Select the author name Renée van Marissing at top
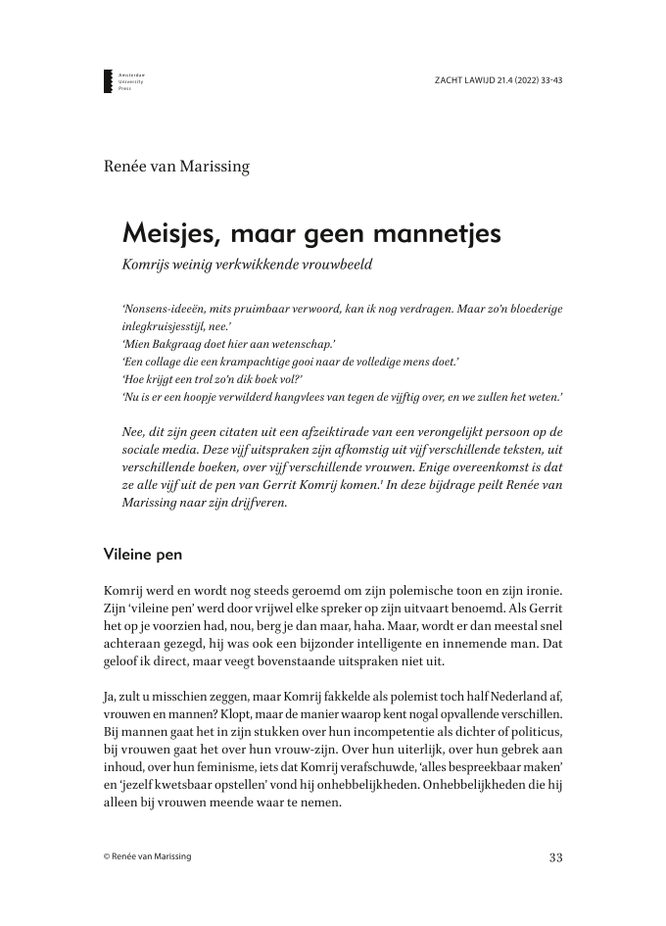click(176, 166)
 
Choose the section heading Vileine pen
click(142, 554)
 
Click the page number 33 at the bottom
click(555, 857)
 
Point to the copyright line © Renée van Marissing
click(148, 857)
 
